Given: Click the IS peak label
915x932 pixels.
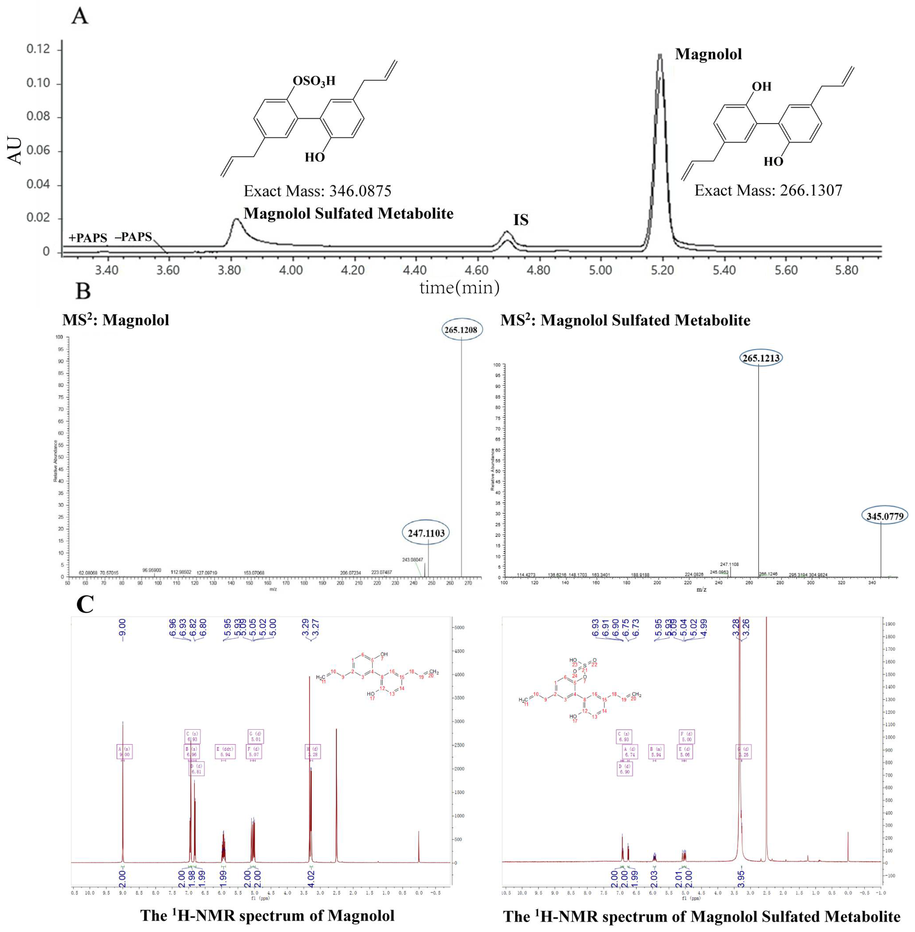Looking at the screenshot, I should point(521,220).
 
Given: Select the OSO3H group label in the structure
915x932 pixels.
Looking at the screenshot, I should point(314,81).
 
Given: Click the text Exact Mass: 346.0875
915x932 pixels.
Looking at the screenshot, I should point(317,191).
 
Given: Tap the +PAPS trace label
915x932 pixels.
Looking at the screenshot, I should point(88,238).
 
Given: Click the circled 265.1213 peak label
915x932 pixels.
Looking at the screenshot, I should point(760,358).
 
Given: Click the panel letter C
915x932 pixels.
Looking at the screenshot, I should point(85,604).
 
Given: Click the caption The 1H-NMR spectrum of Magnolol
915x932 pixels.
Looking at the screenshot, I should point(267,915).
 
